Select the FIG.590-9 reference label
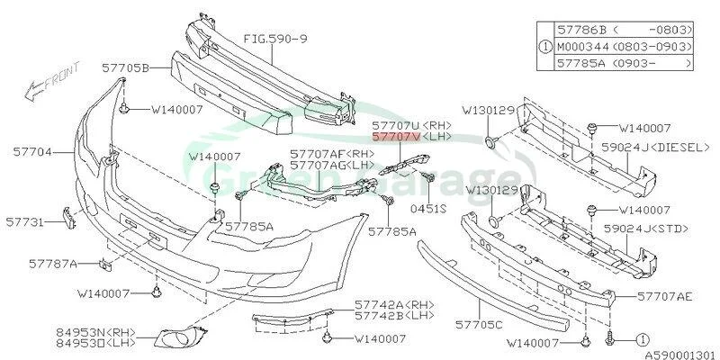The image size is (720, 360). [x=275, y=39]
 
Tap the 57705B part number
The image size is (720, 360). [x=126, y=69]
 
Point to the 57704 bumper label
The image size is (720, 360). [x=32, y=151]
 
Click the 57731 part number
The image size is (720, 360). [x=25, y=222]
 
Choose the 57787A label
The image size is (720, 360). [x=53, y=264]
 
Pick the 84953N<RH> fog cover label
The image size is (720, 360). [x=96, y=331]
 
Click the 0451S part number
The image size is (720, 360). [x=428, y=209]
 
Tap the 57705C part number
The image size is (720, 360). [x=480, y=325]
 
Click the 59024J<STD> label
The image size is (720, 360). [x=646, y=229]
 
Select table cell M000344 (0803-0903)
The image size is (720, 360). [x=624, y=47]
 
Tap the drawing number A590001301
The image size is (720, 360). [x=680, y=355]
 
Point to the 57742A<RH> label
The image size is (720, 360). [x=394, y=304]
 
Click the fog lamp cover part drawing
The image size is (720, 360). [x=180, y=337]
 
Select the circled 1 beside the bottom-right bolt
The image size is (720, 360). [x=643, y=340]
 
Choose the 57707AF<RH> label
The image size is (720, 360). [x=332, y=153]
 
